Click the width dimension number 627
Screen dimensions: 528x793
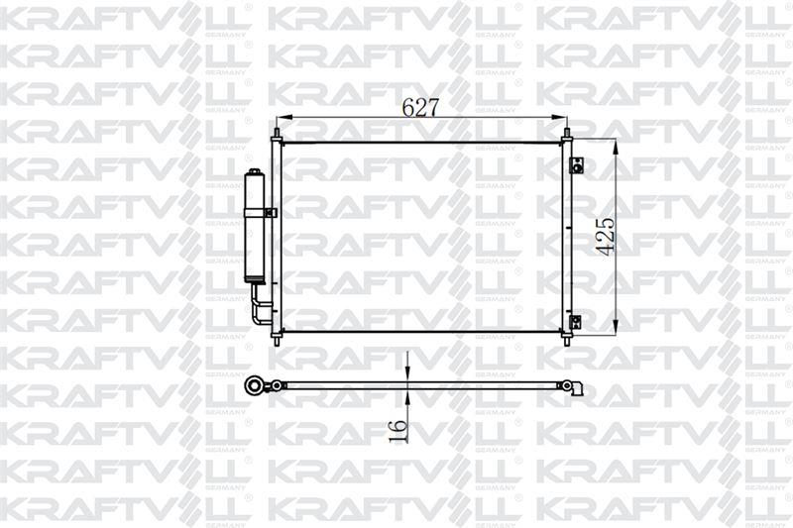point(420,108)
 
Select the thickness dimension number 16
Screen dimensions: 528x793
point(397,430)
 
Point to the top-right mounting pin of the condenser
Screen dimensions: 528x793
point(567,133)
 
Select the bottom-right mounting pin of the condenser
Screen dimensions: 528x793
point(566,339)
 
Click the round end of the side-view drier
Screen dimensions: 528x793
point(255,383)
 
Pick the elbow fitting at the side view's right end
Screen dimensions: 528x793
point(572,387)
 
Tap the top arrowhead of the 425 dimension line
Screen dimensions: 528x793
point(618,145)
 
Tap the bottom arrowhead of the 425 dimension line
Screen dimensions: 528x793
point(618,328)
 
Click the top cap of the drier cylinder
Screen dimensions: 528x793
point(254,175)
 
